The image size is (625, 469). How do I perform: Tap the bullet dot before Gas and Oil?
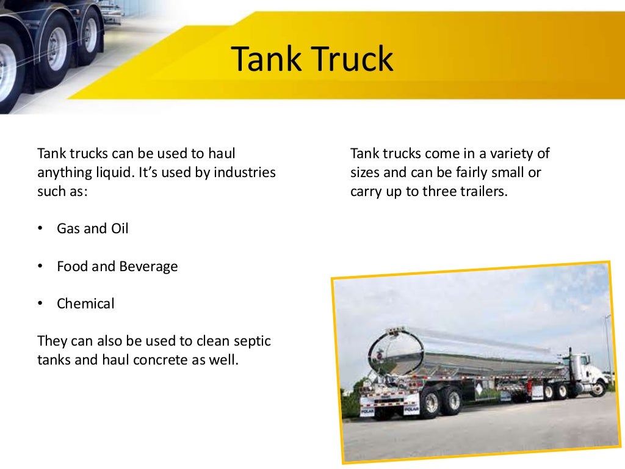click(40, 229)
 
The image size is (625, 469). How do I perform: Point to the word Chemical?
click(85, 304)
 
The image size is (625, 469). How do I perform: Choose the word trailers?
click(485, 191)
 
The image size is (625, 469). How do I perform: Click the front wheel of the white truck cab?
click(599, 388)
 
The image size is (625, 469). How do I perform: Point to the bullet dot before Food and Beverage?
click(40, 266)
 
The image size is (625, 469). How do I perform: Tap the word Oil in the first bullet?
click(120, 229)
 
